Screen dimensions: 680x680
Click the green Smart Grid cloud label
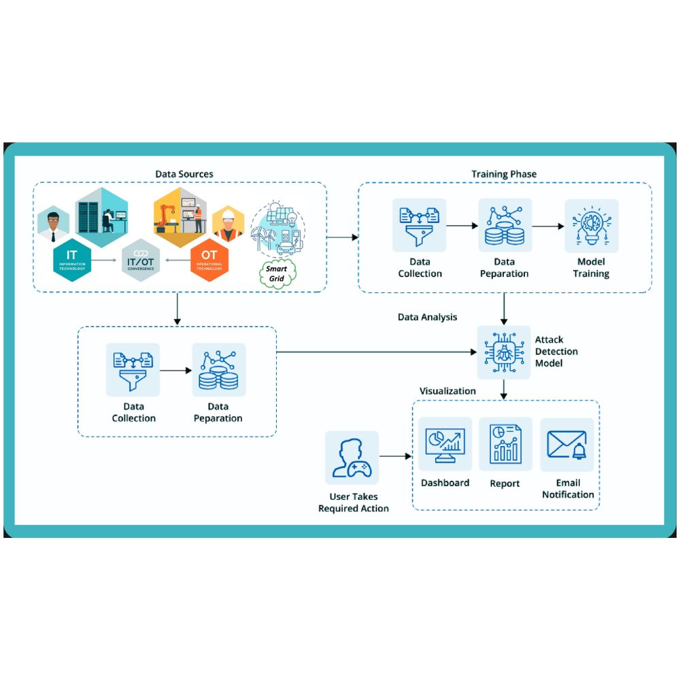coord(276,273)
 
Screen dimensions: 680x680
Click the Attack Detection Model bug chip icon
coord(503,352)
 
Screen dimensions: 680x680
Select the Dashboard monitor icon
coord(445,443)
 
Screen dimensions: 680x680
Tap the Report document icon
coord(505,443)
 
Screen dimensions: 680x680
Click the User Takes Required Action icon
coord(352,457)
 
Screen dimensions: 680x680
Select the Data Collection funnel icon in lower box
coord(133,370)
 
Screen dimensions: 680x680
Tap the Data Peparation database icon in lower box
coord(219,370)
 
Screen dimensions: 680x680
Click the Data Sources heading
coord(184,174)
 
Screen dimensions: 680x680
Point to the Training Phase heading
coord(504,174)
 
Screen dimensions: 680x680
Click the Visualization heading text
coord(447,391)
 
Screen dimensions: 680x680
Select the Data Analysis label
coord(427,317)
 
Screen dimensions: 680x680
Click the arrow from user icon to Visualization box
coord(396,456)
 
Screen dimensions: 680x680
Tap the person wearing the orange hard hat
coord(228,224)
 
